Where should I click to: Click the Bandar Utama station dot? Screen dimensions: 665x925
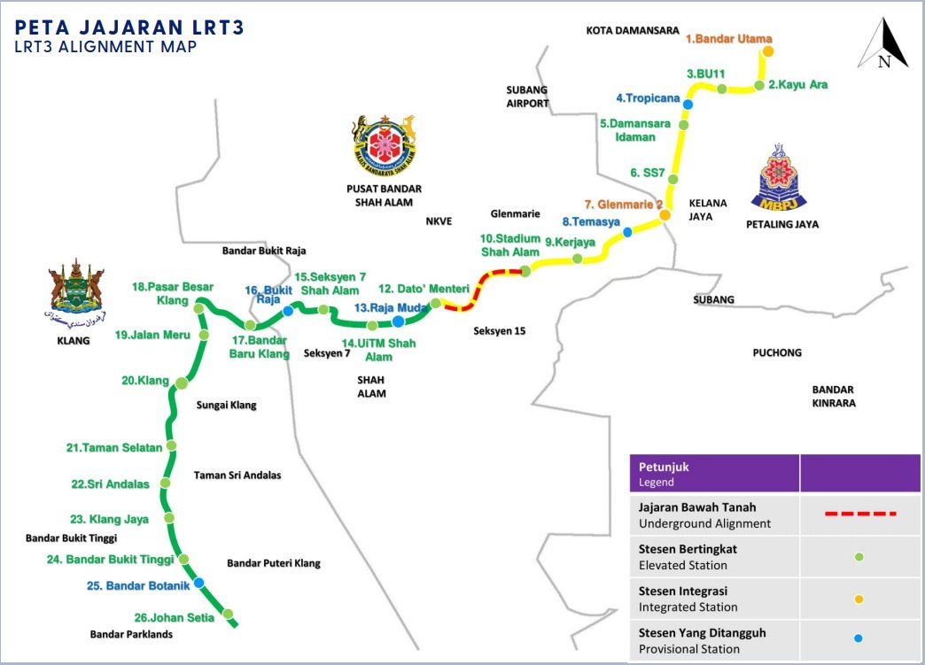(768, 51)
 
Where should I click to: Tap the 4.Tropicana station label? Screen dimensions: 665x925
(647, 97)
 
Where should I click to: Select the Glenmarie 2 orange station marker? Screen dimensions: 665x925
(664, 215)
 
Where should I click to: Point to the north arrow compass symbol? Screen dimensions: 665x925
(882, 45)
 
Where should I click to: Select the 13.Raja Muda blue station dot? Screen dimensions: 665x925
(399, 321)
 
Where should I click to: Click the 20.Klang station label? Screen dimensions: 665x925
(146, 381)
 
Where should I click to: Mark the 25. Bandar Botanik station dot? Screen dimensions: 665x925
(199, 583)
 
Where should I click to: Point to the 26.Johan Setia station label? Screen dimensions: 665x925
(174, 618)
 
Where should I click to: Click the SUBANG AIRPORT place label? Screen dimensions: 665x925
(527, 97)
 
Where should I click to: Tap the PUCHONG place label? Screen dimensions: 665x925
(776, 352)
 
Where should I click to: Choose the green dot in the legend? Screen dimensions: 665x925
(859, 557)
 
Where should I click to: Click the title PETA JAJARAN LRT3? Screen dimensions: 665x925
(130, 27)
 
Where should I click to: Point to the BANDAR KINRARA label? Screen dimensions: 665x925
(832, 396)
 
